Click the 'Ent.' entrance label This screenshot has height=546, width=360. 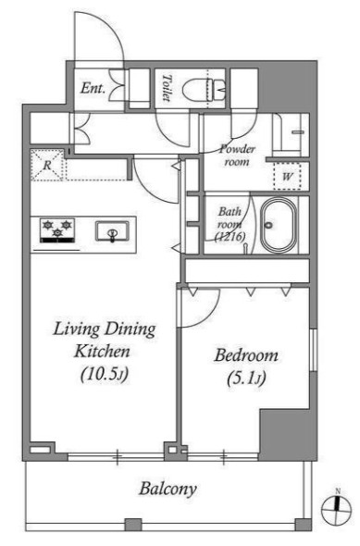[x=93, y=88]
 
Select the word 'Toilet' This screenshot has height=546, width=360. [x=168, y=88]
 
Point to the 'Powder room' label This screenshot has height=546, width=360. [x=238, y=155]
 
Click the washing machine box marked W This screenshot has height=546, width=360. [x=288, y=176]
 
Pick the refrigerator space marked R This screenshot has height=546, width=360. [x=47, y=165]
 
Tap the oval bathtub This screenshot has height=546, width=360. [x=279, y=225]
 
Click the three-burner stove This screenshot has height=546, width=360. [x=57, y=230]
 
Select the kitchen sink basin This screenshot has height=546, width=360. [x=112, y=230]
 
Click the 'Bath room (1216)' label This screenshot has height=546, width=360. [x=230, y=224]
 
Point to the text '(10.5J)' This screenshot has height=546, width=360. [x=105, y=374]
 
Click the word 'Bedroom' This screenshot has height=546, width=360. [x=246, y=355]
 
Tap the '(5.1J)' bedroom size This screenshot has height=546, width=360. [x=246, y=378]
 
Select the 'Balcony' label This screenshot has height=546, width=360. [x=168, y=489]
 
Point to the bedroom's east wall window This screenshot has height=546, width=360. [x=314, y=350]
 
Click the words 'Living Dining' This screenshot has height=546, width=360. [x=104, y=329]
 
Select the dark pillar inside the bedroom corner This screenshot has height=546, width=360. [x=285, y=432]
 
